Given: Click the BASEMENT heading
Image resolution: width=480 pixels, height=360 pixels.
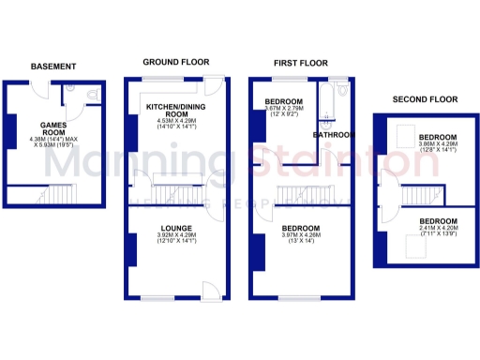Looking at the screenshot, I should [x=52, y=67].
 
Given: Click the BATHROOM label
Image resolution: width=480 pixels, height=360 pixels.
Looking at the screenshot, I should [x=333, y=135].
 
